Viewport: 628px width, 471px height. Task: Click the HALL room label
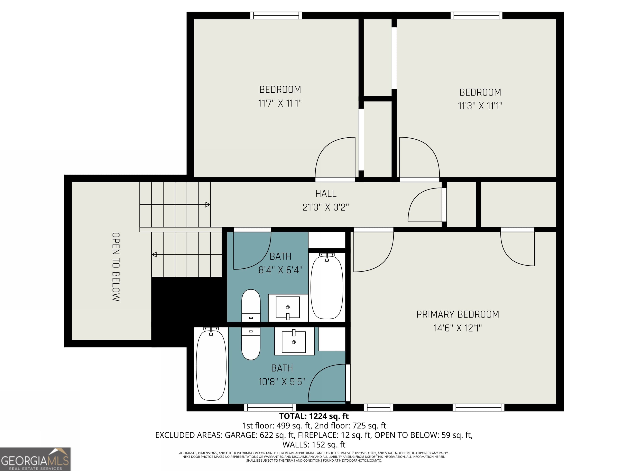[x=326, y=194]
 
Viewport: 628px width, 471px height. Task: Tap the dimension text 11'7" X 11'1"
[x=280, y=103]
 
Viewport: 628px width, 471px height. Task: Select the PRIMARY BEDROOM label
[x=457, y=314]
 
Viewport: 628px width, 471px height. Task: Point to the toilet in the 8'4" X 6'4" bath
[x=251, y=305]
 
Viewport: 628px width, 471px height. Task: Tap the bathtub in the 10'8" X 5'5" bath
[x=211, y=365]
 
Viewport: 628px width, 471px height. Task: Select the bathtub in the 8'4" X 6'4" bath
[x=327, y=287]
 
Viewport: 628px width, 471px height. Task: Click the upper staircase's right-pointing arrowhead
[x=207, y=204]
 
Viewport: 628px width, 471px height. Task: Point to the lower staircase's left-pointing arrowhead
[x=154, y=254]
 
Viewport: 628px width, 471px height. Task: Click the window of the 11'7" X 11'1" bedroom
[x=276, y=16]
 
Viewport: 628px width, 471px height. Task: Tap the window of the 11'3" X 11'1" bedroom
[x=476, y=16]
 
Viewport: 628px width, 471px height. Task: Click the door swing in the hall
[x=425, y=205]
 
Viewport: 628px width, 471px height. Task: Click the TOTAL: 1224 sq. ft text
[x=314, y=416]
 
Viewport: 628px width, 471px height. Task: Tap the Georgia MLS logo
[x=35, y=459]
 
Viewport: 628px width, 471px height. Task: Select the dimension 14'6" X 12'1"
[x=457, y=328]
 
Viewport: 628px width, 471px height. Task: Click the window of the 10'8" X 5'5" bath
[x=270, y=408]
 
